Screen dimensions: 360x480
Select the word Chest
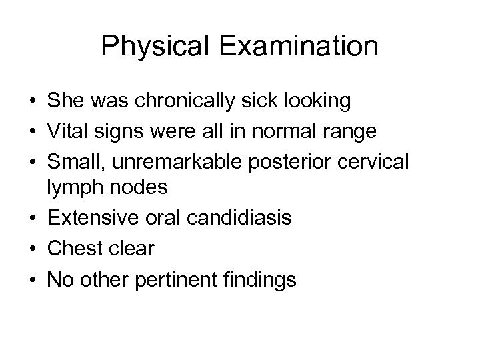(x=73, y=248)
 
